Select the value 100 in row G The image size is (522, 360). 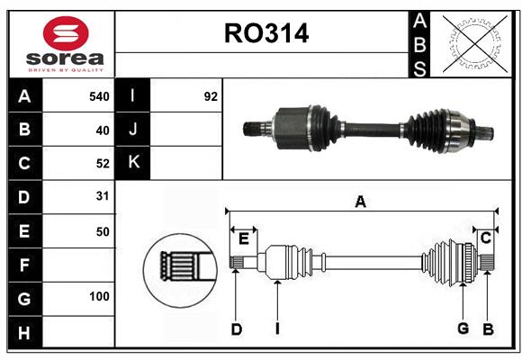[99, 296]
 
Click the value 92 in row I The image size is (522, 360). [211, 96]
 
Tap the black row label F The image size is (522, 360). [24, 265]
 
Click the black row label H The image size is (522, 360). [24, 332]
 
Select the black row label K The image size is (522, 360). [133, 163]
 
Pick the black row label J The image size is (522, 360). [133, 130]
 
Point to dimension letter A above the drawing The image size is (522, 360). [360, 202]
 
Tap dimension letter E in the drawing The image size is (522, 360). [244, 238]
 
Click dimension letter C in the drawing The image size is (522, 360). [485, 238]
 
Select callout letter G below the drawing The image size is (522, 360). [463, 328]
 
